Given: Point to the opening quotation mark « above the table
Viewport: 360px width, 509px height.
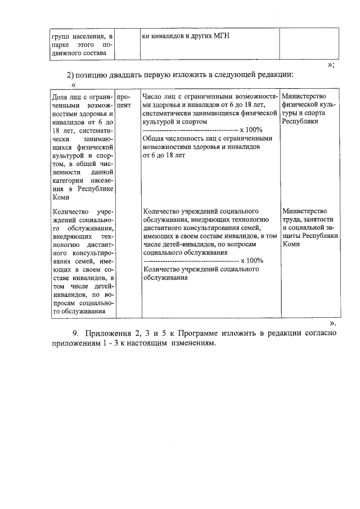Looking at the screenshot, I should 73,85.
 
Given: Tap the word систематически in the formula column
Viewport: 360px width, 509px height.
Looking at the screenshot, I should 169,113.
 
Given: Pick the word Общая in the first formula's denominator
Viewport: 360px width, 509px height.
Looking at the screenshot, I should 155,138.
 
